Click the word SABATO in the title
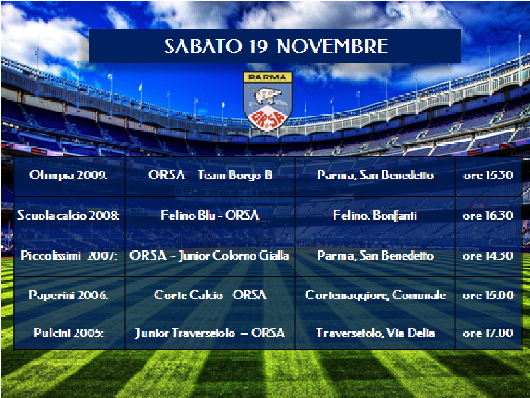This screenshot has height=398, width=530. click(203, 46)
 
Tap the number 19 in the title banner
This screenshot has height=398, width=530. click(258, 46)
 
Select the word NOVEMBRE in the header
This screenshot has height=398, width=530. click(332, 46)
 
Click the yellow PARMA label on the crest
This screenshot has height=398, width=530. click(268, 77)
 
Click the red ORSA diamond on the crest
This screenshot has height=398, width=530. click(268, 118)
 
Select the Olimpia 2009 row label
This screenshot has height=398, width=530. click(68, 175)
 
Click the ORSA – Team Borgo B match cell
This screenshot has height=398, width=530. click(210, 175)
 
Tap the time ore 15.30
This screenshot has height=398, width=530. click(488, 175)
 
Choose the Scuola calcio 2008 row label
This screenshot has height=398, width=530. click(68, 216)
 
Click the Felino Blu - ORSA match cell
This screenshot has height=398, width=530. click(210, 216)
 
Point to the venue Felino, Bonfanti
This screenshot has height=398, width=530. click(375, 216)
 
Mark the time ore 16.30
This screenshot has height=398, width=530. click(488, 216)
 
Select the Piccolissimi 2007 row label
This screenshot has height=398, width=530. click(69, 256)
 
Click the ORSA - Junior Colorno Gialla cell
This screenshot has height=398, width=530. click(209, 256)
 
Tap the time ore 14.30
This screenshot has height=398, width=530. click(488, 256)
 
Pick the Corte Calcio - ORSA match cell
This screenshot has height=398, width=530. click(210, 295)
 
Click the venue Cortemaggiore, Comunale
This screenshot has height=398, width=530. click(375, 295)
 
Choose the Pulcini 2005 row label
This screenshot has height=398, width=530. click(69, 333)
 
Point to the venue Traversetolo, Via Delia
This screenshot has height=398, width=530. click(375, 333)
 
